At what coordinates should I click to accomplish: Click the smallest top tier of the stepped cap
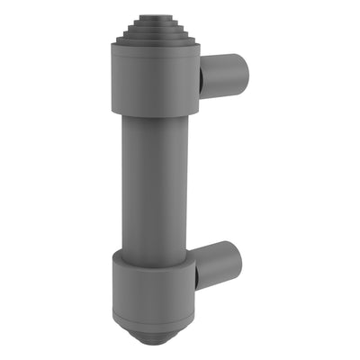pos(154,16)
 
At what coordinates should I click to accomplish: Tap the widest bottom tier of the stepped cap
pos(154,45)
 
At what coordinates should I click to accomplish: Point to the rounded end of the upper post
pos(238,72)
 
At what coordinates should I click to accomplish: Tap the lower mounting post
pos(220,265)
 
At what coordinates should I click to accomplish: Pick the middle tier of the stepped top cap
pos(154,30)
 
